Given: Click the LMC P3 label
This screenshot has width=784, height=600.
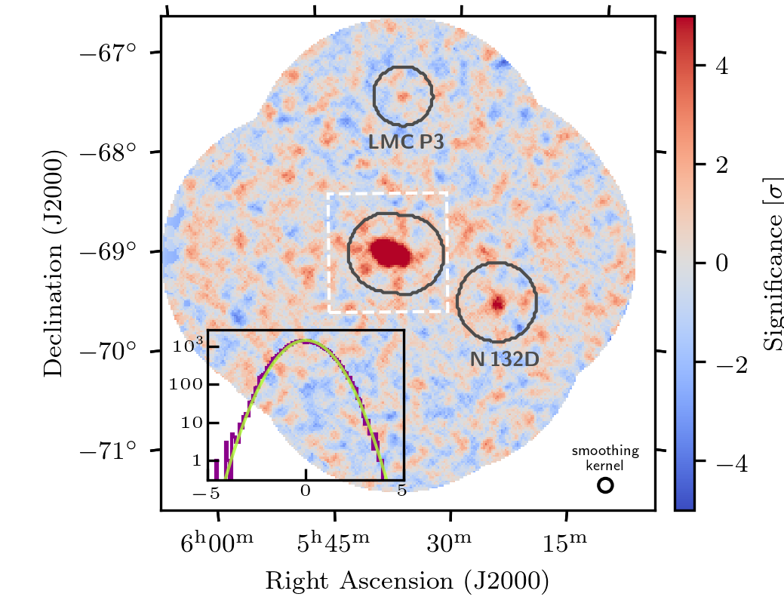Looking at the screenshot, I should point(403,141).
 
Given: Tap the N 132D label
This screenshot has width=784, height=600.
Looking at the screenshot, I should point(505,359).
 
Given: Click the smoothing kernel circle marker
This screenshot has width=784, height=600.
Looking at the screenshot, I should point(605,486).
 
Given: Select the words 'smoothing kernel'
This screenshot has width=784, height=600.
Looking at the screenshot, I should point(605,457).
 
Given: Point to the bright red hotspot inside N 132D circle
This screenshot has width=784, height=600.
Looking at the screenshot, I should point(497,304).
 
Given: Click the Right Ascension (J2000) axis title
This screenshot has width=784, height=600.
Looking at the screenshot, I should point(407,580).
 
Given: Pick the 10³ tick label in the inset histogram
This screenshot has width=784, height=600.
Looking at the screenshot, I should point(185,348).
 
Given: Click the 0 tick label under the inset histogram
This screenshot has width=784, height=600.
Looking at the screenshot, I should point(306,491).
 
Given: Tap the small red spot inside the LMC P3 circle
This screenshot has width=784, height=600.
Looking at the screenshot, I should point(402,96).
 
